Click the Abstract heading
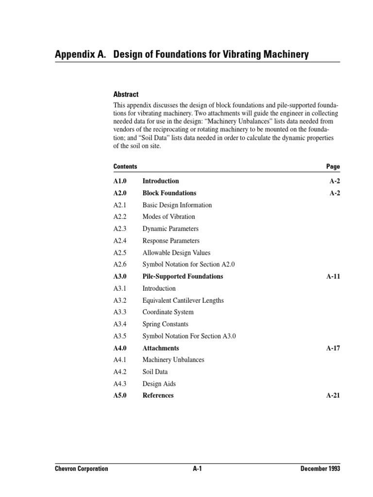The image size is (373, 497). pyautogui.click(x=126, y=95)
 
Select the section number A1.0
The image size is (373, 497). pyautogui.click(x=120, y=181)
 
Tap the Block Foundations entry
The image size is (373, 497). pyautogui.click(x=169, y=193)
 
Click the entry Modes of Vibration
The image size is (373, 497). pyautogui.click(x=169, y=217)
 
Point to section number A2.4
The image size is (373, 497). pyautogui.click(x=119, y=241)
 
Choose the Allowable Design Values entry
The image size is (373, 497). pyautogui.click(x=176, y=253)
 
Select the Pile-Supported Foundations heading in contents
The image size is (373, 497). pyautogui.click(x=183, y=277)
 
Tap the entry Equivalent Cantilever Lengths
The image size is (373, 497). pyautogui.click(x=183, y=300)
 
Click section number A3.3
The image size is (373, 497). pyautogui.click(x=119, y=312)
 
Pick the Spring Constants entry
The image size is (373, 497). pyautogui.click(x=165, y=324)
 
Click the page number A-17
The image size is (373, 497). pyautogui.click(x=333, y=348)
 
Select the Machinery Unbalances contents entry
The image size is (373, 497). pyautogui.click(x=173, y=360)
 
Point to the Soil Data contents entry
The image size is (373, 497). pyautogui.click(x=155, y=372)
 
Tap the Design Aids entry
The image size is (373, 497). pyautogui.click(x=159, y=384)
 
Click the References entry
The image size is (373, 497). pyautogui.click(x=158, y=396)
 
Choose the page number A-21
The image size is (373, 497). pyautogui.click(x=333, y=396)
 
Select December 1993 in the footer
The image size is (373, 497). pyautogui.click(x=320, y=469)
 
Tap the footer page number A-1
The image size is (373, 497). pyautogui.click(x=197, y=469)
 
